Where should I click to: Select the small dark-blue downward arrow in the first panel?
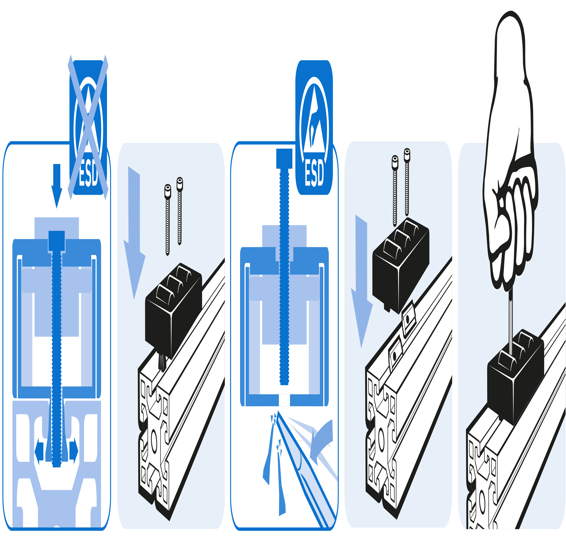point(57,185)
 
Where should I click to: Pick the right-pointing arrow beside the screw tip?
point(74,451)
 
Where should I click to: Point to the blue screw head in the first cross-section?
point(57,241)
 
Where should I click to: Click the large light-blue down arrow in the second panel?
point(134,231)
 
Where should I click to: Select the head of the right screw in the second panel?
point(180,184)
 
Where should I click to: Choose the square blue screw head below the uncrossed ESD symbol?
point(284,158)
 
